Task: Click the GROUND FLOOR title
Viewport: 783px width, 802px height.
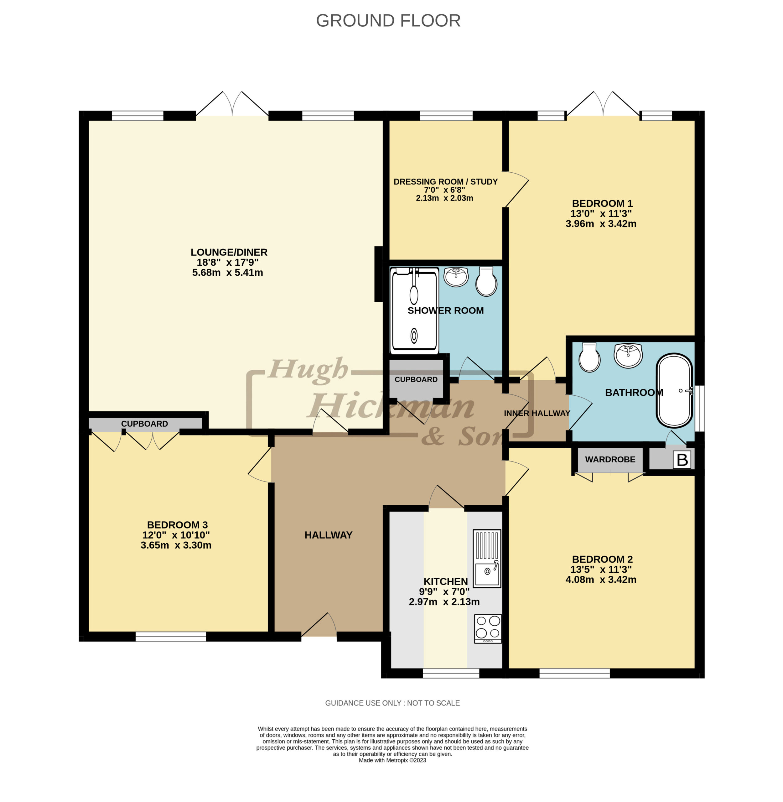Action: click(x=388, y=21)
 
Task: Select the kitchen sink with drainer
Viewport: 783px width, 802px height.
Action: click(x=487, y=558)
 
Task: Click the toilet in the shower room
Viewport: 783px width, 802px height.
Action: click(x=486, y=281)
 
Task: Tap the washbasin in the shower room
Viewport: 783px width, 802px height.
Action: click(x=456, y=277)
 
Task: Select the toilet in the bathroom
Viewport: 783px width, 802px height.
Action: click(x=589, y=357)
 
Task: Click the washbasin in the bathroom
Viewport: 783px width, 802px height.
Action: click(x=628, y=355)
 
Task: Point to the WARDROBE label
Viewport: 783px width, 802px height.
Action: click(x=610, y=459)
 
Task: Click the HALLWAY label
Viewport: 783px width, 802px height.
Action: click(x=329, y=535)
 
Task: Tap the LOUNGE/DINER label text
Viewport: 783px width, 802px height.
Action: click(x=229, y=252)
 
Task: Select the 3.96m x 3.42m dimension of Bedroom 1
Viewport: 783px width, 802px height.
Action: click(x=601, y=224)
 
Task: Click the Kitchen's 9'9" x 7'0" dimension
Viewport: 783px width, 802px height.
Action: click(x=444, y=591)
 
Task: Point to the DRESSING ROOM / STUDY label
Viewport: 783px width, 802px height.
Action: click(x=445, y=181)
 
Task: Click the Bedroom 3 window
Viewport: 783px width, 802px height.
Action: click(x=171, y=636)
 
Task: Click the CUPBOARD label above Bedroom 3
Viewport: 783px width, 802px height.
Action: click(x=144, y=424)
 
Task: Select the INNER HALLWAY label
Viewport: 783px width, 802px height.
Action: click(x=537, y=413)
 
